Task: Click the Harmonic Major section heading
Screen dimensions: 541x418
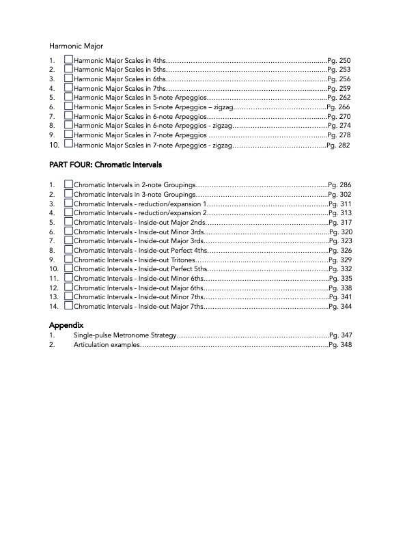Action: pos(75,46)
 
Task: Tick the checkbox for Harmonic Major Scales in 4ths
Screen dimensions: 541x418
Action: pos(68,60)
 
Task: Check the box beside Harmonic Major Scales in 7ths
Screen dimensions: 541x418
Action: pos(68,88)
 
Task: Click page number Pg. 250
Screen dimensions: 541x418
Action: pos(339,61)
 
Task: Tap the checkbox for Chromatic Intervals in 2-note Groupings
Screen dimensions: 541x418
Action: pos(68,184)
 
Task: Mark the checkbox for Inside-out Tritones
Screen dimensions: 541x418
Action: pos(68,260)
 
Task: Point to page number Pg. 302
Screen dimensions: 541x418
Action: pos(339,195)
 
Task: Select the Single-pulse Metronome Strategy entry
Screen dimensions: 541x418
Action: pos(125,336)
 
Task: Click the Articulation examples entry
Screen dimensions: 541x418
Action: pos(106,346)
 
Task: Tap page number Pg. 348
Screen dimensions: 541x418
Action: pos(340,346)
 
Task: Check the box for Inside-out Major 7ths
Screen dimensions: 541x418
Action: pos(68,307)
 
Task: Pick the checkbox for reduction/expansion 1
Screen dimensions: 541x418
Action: pos(68,204)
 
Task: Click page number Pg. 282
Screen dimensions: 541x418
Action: pos(339,145)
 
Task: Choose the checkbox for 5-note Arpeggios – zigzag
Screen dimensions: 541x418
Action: pos(68,107)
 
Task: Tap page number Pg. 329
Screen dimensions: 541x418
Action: pos(340,260)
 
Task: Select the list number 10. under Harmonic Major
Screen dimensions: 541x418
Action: pos(55,145)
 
